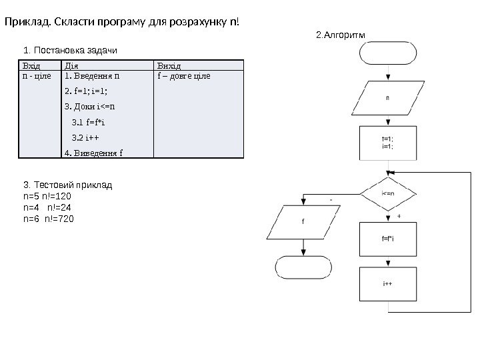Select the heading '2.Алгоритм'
341,34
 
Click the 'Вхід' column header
31,65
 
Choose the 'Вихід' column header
168,65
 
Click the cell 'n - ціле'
37,76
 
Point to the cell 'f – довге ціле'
183,76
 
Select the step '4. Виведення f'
93,153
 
